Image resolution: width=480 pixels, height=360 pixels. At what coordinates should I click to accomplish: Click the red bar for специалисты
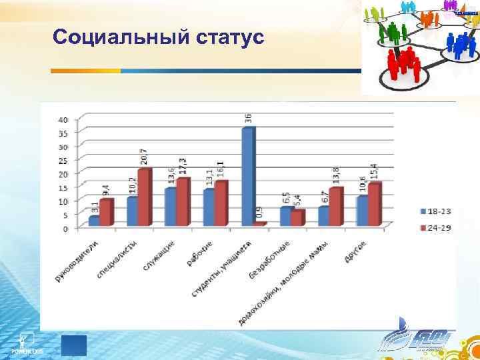144,197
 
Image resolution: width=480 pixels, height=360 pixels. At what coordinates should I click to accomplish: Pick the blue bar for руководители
95,221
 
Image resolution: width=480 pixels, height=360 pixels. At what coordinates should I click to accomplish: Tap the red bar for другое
374,203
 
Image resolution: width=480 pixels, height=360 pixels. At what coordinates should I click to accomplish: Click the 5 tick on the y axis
65,215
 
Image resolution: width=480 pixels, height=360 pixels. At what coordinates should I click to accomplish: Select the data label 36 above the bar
248,118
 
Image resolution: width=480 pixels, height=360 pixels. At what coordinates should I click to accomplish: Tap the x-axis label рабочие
199,254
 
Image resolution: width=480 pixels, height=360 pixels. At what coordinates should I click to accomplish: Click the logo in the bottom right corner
413,341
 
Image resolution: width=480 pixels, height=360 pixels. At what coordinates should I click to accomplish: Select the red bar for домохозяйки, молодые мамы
335,206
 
